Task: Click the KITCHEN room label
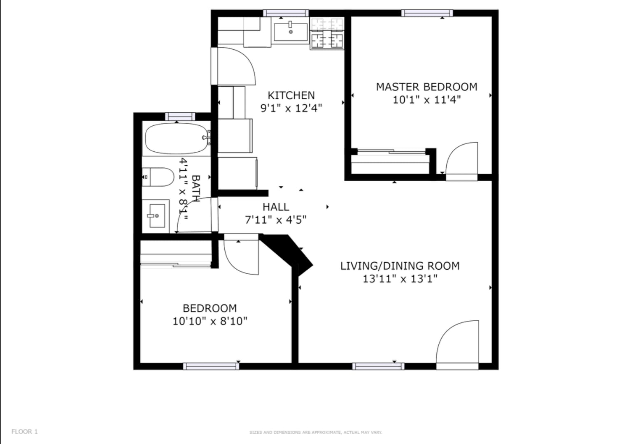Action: coord(291,95)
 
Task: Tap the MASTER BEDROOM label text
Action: coord(426,87)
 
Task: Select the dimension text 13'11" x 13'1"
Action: coord(400,279)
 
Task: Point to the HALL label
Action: coord(276,207)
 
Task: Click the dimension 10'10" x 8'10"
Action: coord(210,321)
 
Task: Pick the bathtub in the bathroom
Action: coord(177,139)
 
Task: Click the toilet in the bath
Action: coord(158,177)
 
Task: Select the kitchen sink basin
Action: coord(291,32)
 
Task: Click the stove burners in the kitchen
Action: coord(327,33)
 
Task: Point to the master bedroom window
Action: coord(427,13)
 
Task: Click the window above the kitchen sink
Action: coord(286,13)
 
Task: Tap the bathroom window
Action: coord(180,116)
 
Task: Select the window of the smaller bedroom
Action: coord(211,366)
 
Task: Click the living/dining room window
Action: coord(378,366)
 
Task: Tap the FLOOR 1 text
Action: coord(25,432)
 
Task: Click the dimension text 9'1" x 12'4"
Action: coord(291,108)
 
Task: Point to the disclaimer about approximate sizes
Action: coord(315,432)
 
